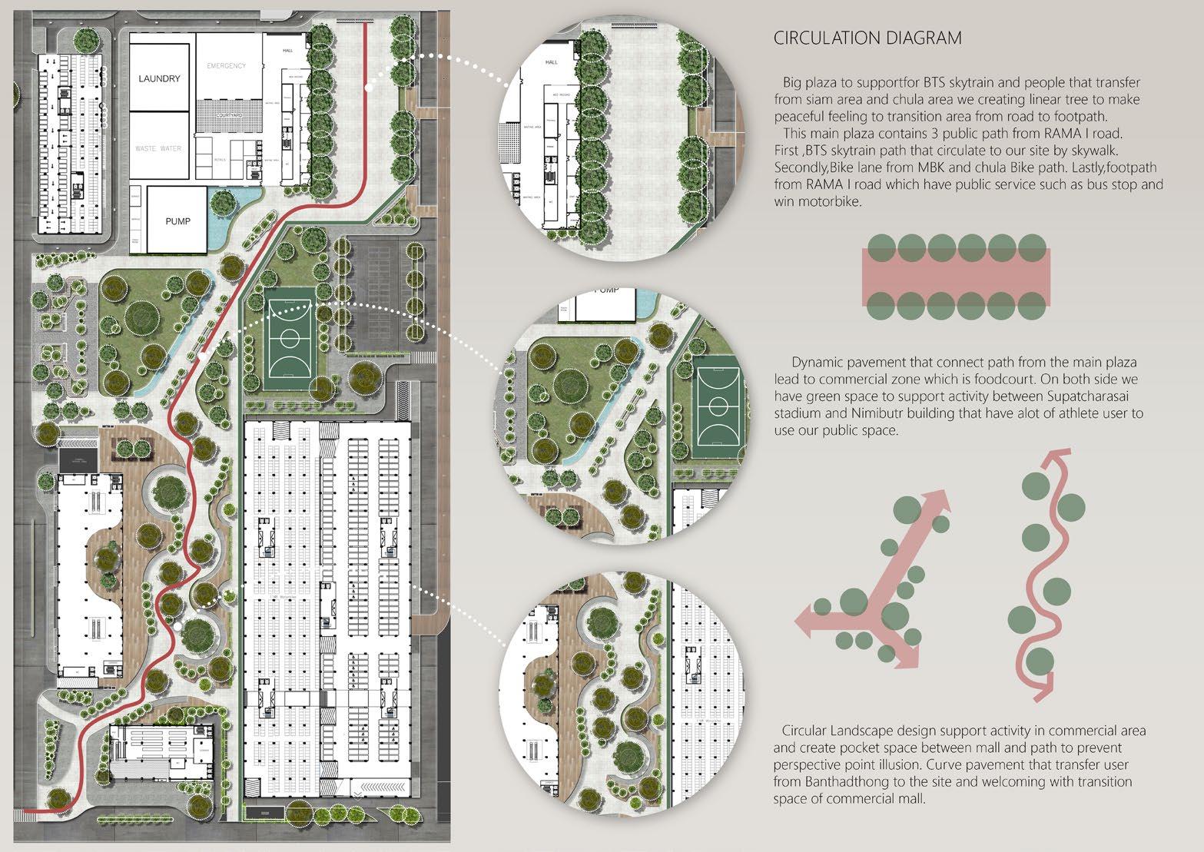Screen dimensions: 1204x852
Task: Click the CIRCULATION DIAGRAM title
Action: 867,38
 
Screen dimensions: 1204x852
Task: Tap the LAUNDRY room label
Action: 160,78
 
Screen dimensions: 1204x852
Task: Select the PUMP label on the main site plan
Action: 177,221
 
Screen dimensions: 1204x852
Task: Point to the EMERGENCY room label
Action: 226,66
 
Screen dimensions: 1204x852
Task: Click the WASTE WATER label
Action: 158,148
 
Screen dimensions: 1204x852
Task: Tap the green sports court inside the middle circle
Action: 718,404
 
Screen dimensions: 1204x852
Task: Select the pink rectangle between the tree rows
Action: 957,275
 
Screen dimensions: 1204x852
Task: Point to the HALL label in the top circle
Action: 551,61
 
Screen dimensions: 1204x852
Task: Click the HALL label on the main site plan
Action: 288,48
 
